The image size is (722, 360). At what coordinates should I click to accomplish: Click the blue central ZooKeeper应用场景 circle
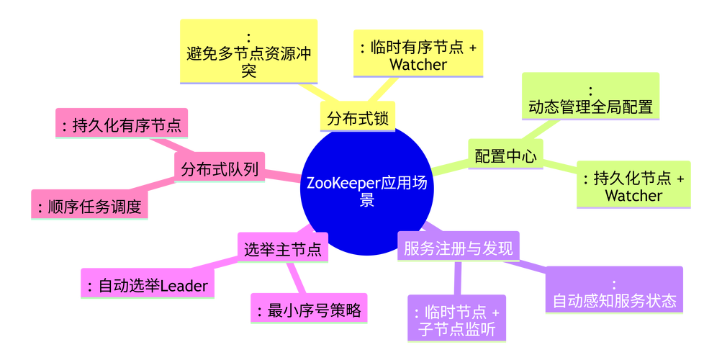(x=366, y=191)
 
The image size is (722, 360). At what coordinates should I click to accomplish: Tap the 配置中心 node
(x=505, y=156)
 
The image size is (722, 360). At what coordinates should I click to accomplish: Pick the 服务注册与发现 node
(x=458, y=249)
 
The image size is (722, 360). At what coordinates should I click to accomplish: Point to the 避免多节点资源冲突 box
(x=249, y=54)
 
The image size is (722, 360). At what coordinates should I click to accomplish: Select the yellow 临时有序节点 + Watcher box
(x=418, y=55)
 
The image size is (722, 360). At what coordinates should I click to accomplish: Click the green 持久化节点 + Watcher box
(x=633, y=186)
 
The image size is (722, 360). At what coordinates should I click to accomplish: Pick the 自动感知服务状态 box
(x=614, y=292)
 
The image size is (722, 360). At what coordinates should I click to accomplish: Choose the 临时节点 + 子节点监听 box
(x=457, y=321)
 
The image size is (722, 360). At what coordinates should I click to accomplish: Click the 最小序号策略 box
(x=309, y=311)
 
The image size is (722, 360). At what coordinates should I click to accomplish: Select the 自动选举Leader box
(x=147, y=286)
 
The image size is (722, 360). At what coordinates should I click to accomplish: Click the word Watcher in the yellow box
(x=418, y=64)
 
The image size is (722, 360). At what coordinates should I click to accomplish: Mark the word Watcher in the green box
(x=633, y=195)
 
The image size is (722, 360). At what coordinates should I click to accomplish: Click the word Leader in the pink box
(x=183, y=287)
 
